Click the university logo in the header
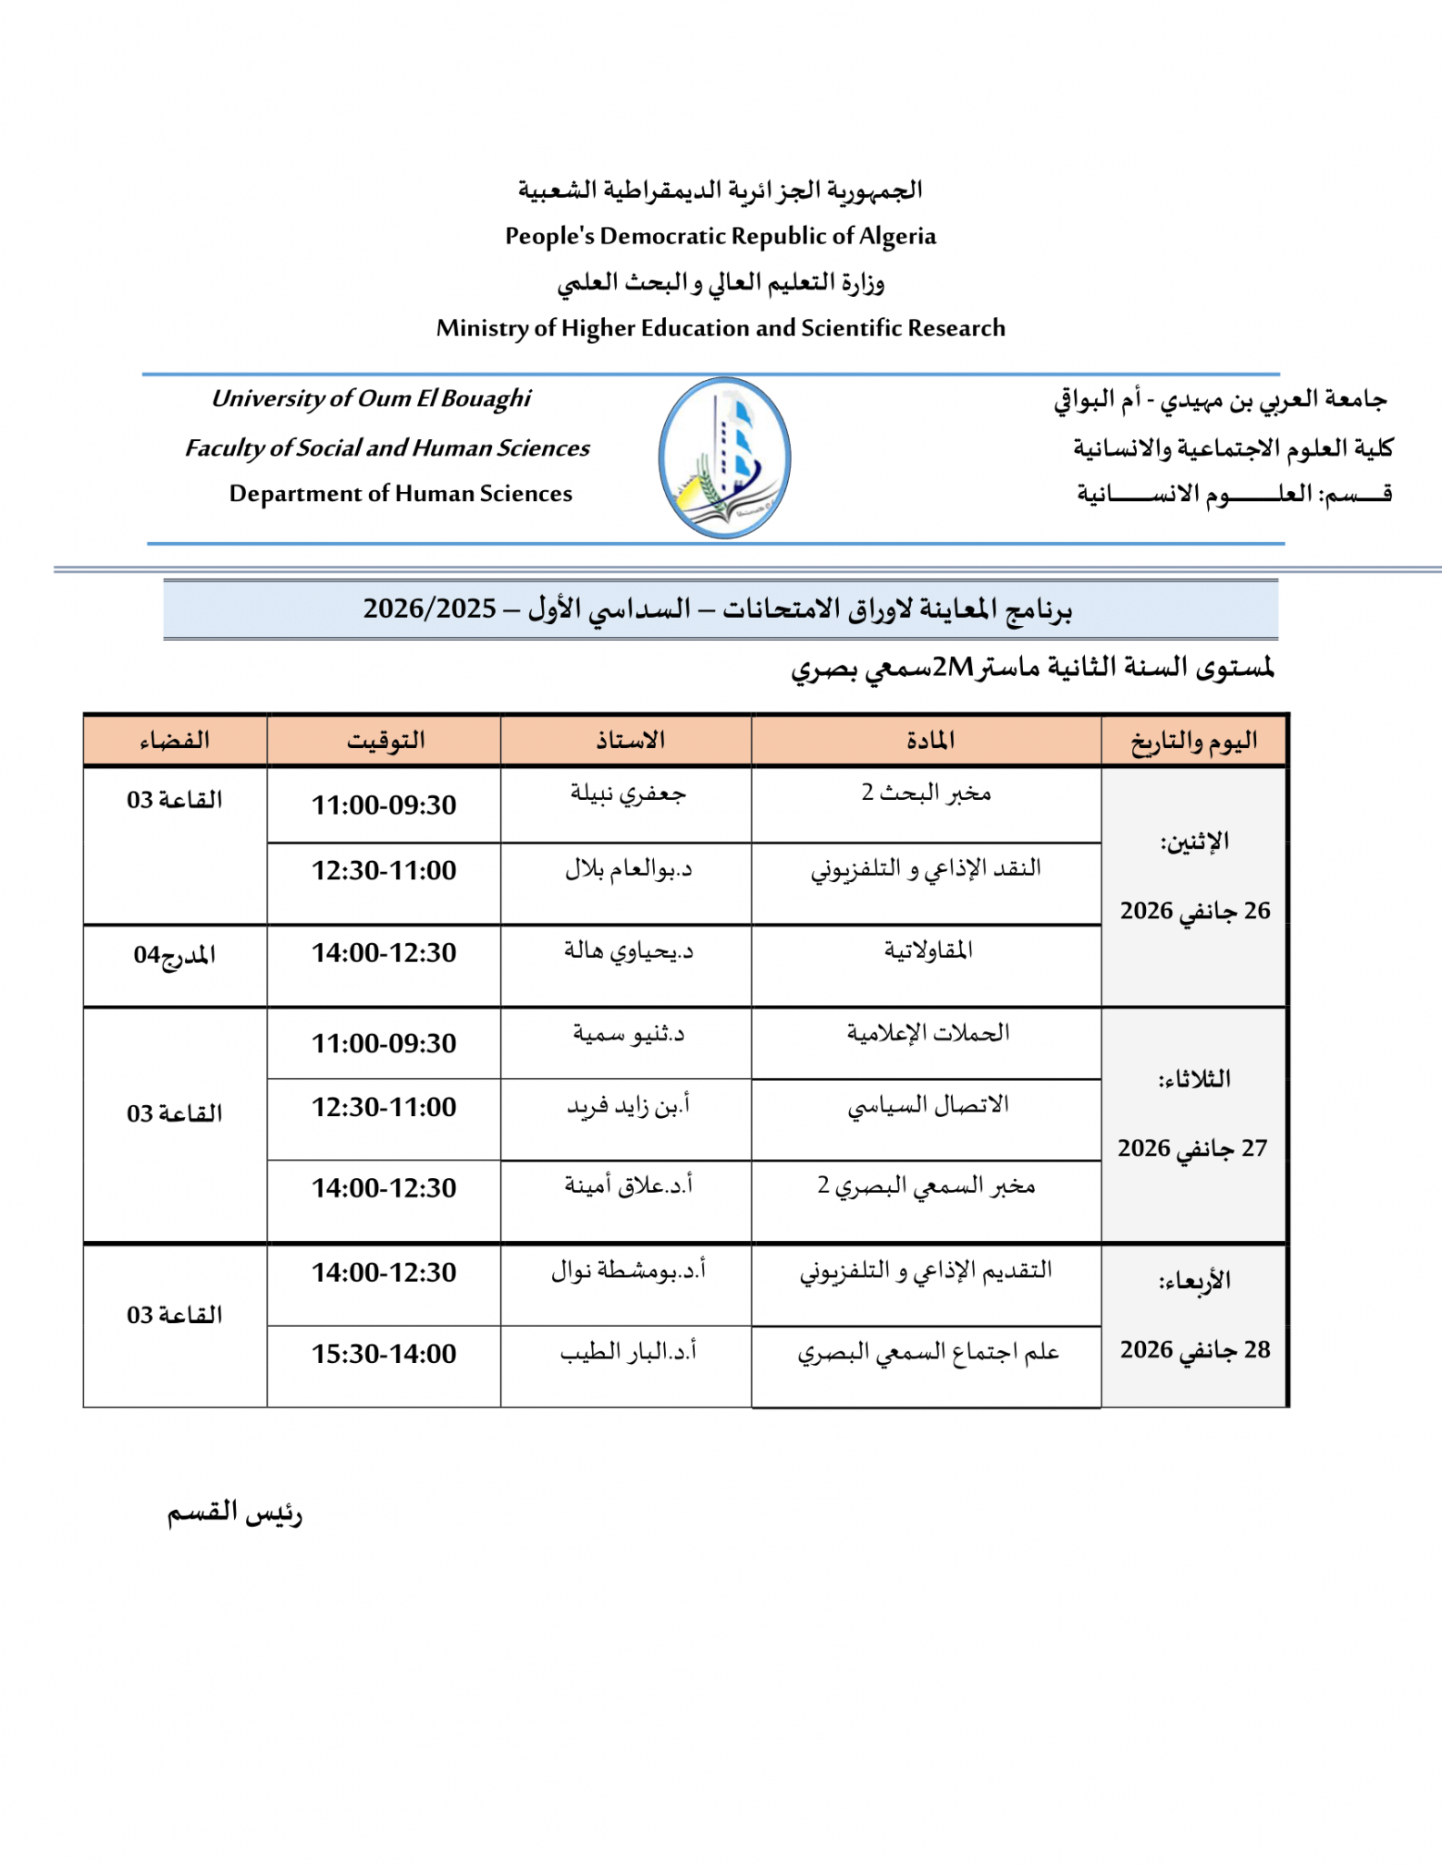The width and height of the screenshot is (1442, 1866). point(724,457)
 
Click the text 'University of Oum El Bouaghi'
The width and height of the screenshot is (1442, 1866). point(371,398)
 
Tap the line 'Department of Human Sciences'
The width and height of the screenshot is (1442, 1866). point(401,493)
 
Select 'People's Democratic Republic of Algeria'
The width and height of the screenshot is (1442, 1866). point(721,236)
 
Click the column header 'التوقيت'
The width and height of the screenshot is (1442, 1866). point(385,740)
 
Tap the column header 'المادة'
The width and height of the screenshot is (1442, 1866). point(930,740)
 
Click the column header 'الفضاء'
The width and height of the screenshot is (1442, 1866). point(174,740)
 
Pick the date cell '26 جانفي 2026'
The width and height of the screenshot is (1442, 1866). point(1194,910)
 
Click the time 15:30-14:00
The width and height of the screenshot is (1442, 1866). point(384,1354)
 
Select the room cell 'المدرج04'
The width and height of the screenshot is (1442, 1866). point(174,955)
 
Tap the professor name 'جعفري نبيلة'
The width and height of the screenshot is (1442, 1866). point(628,794)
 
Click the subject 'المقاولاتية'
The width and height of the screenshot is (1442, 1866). point(928,950)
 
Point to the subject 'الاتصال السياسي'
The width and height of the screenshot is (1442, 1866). point(928,1105)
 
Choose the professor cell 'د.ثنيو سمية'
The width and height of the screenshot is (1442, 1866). point(628,1033)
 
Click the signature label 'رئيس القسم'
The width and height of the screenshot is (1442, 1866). point(234,1513)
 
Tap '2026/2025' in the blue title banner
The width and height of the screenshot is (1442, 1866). point(430,608)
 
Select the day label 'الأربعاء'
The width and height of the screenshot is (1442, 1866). point(1194,1281)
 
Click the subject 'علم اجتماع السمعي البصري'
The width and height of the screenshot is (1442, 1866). point(928,1352)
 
